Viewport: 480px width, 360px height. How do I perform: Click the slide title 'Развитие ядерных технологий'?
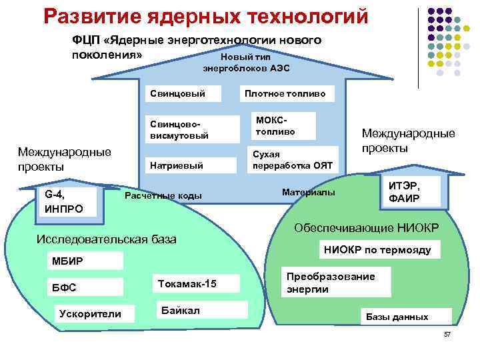[206, 15]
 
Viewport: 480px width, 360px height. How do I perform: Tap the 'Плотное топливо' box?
[285, 94]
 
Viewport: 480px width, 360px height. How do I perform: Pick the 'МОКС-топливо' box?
[291, 126]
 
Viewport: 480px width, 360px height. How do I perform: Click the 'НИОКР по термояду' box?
[377, 251]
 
